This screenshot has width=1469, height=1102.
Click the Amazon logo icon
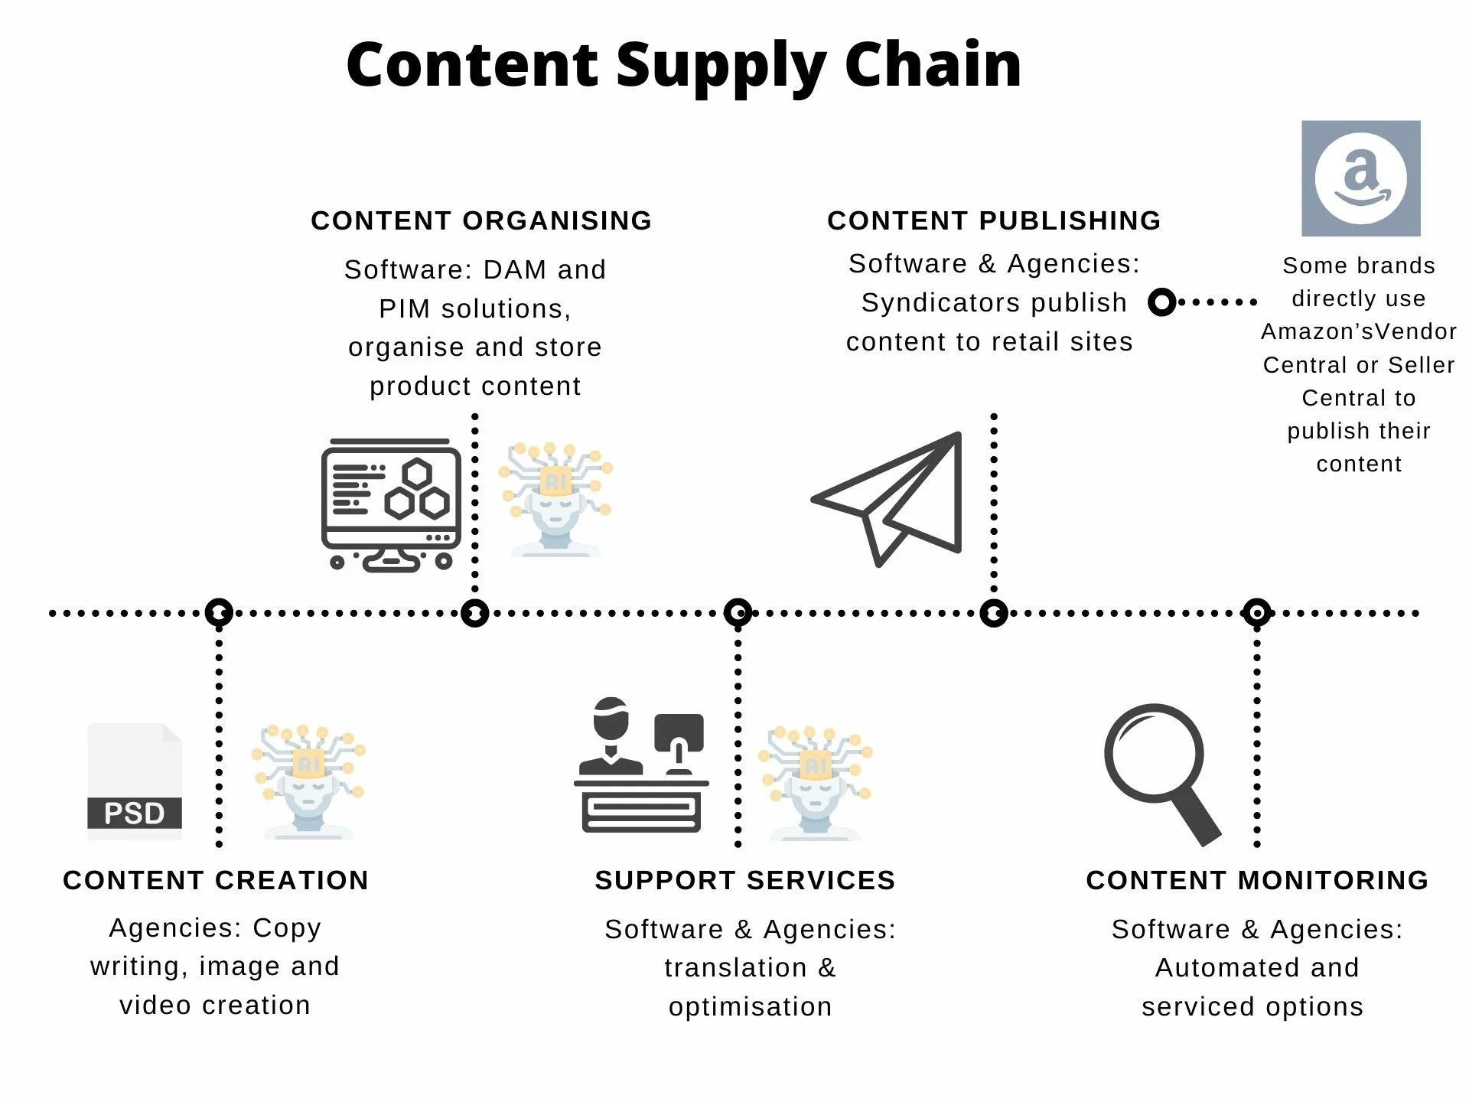(x=1360, y=178)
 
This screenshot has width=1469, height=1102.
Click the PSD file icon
(x=135, y=781)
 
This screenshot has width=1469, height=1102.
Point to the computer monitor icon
(x=391, y=504)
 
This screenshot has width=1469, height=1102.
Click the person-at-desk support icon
(x=641, y=765)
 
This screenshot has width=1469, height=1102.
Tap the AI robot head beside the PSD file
(x=308, y=781)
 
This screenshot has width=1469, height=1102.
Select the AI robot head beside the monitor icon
(x=555, y=498)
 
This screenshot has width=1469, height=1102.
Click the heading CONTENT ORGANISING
(x=481, y=220)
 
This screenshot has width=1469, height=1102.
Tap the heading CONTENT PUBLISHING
(x=994, y=220)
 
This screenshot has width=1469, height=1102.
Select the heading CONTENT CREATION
(x=216, y=880)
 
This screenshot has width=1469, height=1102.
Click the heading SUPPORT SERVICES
(x=745, y=880)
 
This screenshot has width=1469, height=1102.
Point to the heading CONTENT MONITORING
(x=1257, y=880)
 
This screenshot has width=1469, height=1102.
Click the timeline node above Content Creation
(x=219, y=613)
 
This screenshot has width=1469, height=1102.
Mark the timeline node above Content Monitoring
(x=1257, y=613)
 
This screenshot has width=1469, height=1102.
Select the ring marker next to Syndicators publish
(x=1161, y=302)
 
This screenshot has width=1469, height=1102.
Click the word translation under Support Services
(x=735, y=968)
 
